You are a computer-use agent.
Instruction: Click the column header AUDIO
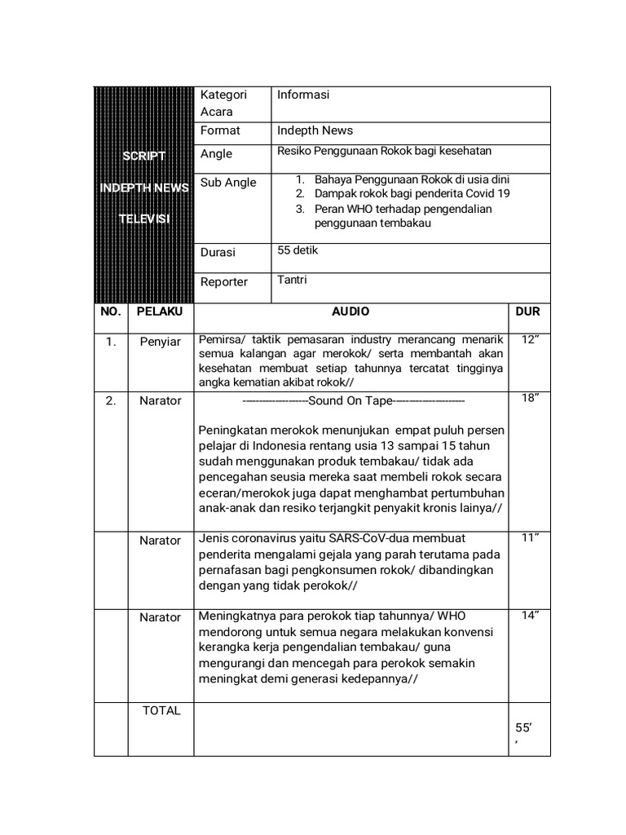(350, 311)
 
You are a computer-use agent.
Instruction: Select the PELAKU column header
(160, 311)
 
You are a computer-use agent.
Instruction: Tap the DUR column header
(527, 311)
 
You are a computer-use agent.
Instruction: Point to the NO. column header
(110, 311)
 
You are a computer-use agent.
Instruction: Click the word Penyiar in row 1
(160, 342)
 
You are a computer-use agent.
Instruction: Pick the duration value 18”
(531, 398)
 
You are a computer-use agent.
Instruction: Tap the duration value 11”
(531, 537)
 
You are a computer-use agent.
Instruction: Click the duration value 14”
(531, 616)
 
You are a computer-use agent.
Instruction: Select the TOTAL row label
(161, 710)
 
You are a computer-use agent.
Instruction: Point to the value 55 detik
(298, 250)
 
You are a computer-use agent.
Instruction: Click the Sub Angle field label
(228, 182)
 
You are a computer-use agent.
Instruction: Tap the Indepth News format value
(315, 130)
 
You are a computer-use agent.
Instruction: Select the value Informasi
(303, 95)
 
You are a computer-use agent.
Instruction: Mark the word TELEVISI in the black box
(143, 219)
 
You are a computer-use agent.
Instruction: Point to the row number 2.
(110, 400)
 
